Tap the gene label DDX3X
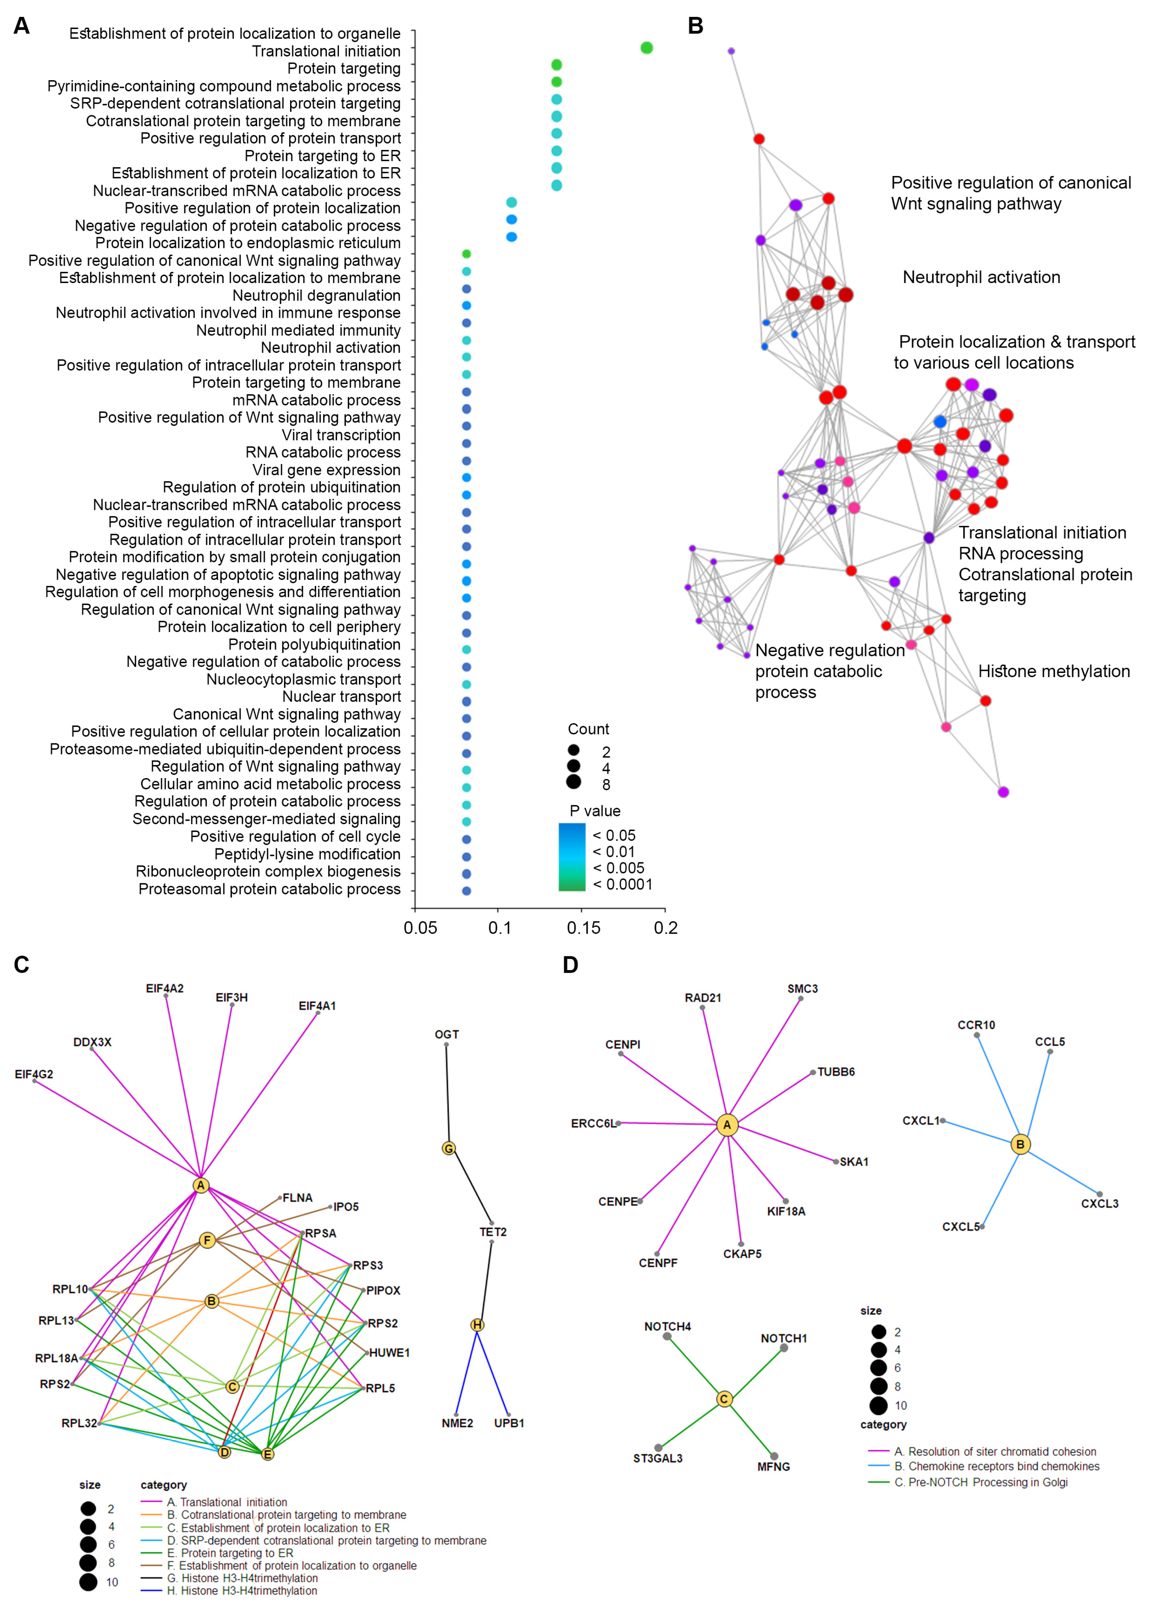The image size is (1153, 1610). point(92,1042)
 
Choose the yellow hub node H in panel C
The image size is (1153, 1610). point(477,1325)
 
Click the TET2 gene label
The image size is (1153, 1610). point(493,1232)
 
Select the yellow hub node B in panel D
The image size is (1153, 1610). point(1020,1144)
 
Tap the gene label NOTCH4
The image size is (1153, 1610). point(667,1326)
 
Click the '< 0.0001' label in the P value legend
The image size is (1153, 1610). point(622,885)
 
